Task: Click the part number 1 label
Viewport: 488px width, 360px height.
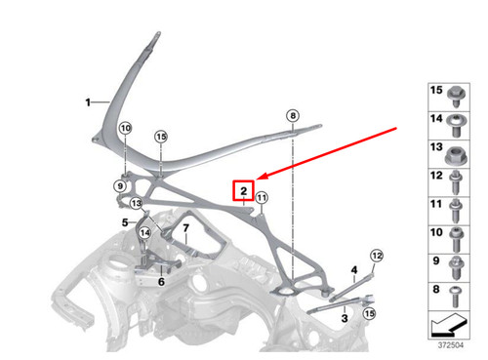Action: pyautogui.click(x=88, y=100)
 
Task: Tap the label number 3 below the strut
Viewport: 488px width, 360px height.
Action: pyautogui.click(x=345, y=317)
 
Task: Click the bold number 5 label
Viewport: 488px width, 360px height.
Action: pyautogui.click(x=125, y=223)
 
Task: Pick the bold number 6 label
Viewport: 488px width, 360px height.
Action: pyautogui.click(x=161, y=281)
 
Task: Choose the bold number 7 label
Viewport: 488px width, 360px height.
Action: pyautogui.click(x=184, y=228)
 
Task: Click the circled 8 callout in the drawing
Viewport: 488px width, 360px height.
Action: pyautogui.click(x=292, y=116)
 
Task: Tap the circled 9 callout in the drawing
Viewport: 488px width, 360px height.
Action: pyautogui.click(x=121, y=184)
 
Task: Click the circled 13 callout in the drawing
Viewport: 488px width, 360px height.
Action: pyautogui.click(x=137, y=203)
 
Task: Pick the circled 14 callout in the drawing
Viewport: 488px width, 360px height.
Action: pyautogui.click(x=143, y=232)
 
